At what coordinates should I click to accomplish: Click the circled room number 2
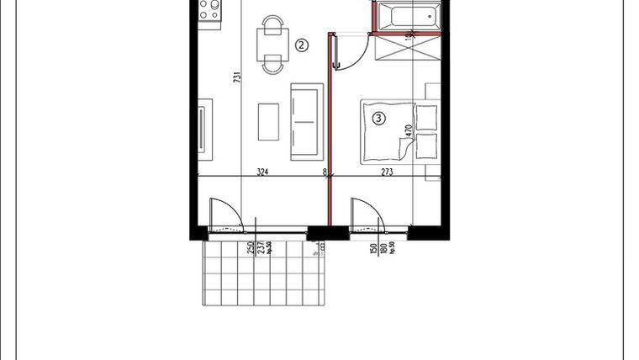[301, 45]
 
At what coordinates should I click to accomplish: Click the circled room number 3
[379, 119]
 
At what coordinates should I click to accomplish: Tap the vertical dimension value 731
[237, 78]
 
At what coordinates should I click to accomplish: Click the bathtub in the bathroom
[407, 15]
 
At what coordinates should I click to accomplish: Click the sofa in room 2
[306, 121]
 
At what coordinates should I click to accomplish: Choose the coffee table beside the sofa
[269, 121]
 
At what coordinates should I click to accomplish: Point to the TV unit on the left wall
[204, 126]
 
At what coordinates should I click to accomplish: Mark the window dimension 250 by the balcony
[250, 248]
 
